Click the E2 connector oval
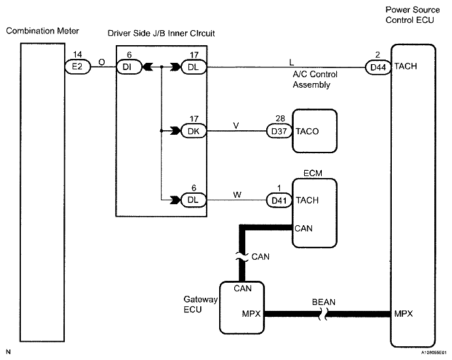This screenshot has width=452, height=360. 78,67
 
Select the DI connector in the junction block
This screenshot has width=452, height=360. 129,67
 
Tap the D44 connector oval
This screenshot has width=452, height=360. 378,67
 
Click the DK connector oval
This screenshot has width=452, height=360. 194,132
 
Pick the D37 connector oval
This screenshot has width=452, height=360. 279,132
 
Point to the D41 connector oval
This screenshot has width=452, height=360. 279,200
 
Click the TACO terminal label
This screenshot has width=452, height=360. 307,132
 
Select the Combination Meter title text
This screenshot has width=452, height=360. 43,31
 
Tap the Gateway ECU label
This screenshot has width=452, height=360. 200,304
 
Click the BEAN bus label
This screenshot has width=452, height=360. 323,302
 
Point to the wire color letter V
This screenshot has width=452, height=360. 235,126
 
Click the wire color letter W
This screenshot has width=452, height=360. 237,194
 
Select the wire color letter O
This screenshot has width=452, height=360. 102,62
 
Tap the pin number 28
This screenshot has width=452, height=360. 280,118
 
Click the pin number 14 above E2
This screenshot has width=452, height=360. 77,54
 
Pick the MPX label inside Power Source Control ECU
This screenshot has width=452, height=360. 404,314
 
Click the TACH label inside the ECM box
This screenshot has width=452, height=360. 307,200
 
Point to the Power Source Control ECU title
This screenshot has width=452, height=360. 413,14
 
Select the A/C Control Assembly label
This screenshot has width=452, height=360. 315,80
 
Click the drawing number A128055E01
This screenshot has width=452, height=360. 434,353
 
